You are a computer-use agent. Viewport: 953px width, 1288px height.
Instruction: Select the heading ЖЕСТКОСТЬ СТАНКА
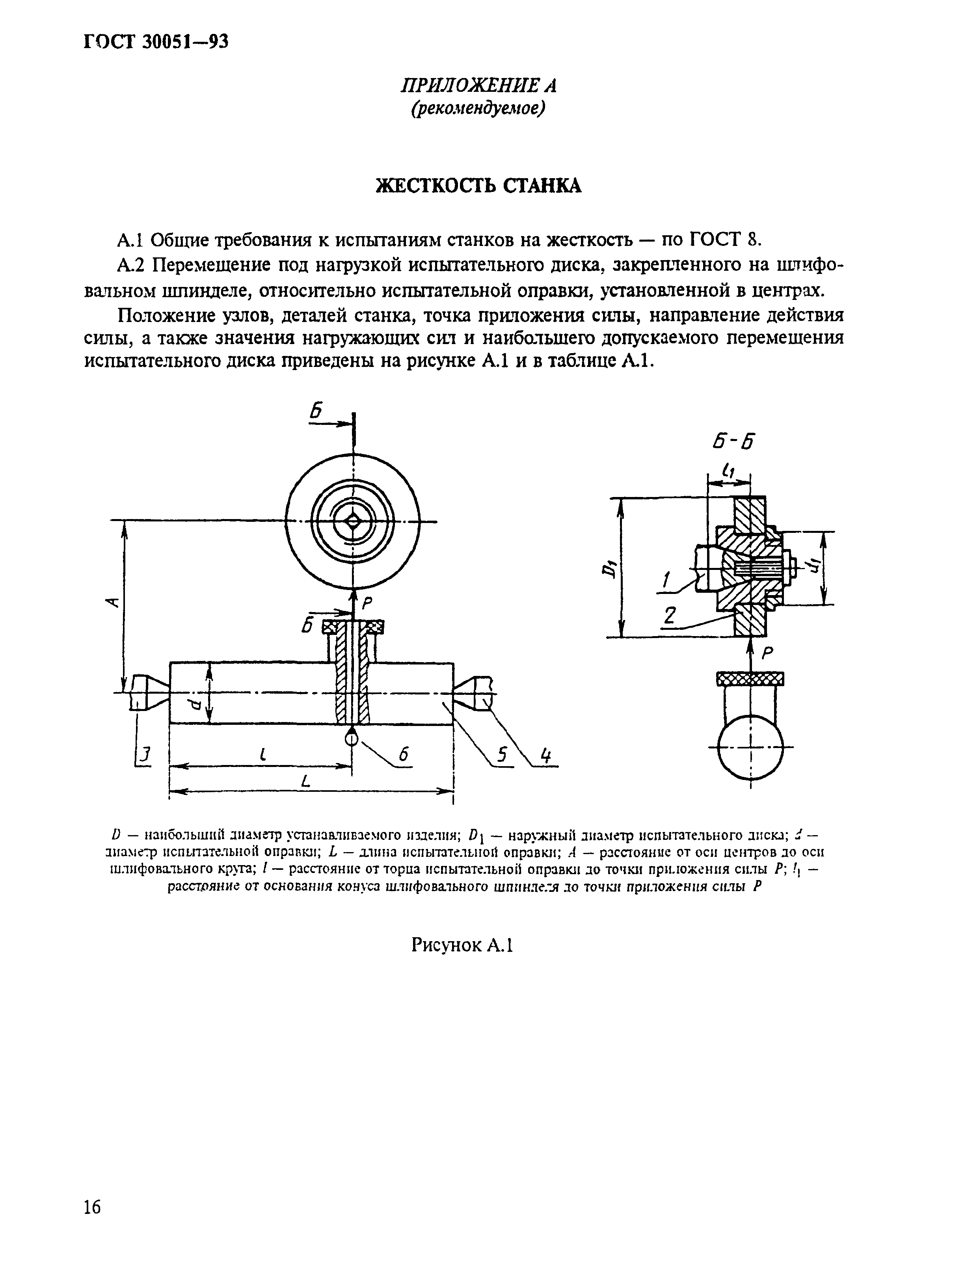click(x=478, y=186)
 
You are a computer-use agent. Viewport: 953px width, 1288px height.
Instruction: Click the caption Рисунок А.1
click(x=462, y=945)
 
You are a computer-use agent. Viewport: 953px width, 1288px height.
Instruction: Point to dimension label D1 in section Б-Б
click(x=607, y=568)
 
